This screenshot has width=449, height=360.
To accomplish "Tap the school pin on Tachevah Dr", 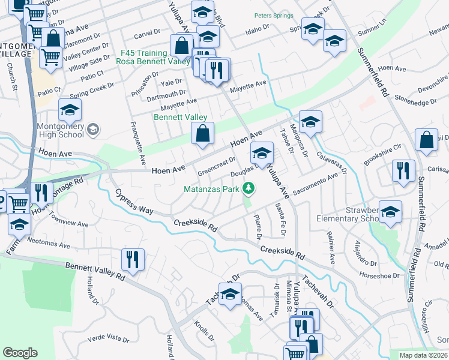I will [x=230, y=294].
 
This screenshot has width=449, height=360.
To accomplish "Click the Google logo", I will [x=20, y=353].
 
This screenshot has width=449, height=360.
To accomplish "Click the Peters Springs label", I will [x=273, y=16].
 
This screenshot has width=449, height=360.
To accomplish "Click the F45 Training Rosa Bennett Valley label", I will [x=143, y=56].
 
